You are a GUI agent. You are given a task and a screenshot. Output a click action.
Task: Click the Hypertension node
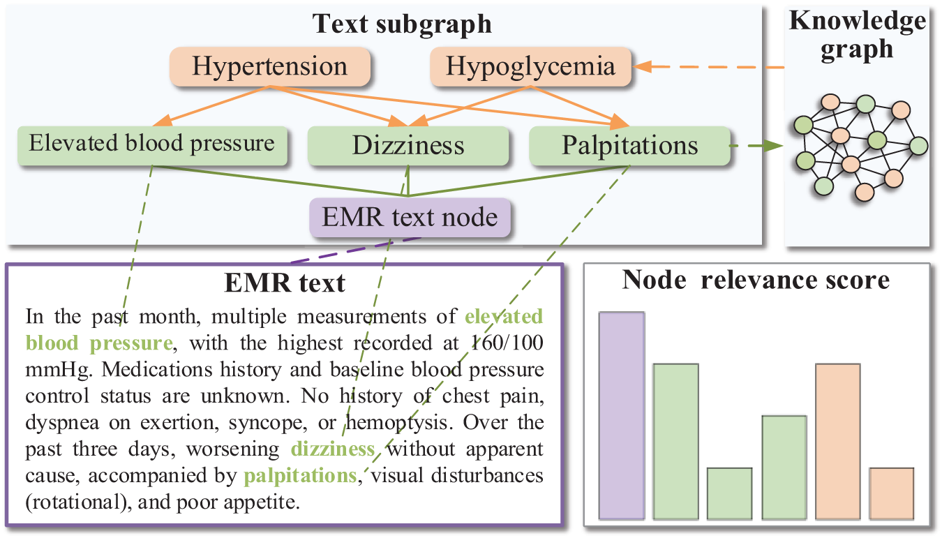pos(269,66)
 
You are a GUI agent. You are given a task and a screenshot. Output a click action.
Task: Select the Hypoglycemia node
pos(530,66)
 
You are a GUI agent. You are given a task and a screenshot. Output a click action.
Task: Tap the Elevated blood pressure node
pos(152,144)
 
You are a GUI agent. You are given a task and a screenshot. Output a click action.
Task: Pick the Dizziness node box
pos(408,146)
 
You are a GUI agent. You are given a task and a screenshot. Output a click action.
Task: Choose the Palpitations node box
pos(629,146)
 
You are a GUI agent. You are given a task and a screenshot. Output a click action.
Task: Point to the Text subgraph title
pos(402,24)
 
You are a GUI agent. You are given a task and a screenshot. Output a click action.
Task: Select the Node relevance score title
pos(756,280)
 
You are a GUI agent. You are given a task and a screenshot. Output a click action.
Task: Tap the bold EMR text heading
pos(284,283)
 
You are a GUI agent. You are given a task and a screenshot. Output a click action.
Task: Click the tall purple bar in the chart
pos(621,416)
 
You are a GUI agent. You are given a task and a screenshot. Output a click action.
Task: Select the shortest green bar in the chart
pos(729,493)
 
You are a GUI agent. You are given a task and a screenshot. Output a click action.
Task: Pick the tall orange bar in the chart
pos(837,442)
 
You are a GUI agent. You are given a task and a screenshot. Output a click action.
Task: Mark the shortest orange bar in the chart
pos(891,493)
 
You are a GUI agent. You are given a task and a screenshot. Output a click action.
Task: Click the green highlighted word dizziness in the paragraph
pos(333,449)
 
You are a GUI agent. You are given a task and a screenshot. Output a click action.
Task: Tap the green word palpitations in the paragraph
pos(300,476)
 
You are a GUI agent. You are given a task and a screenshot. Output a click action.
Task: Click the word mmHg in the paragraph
pos(47,371)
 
